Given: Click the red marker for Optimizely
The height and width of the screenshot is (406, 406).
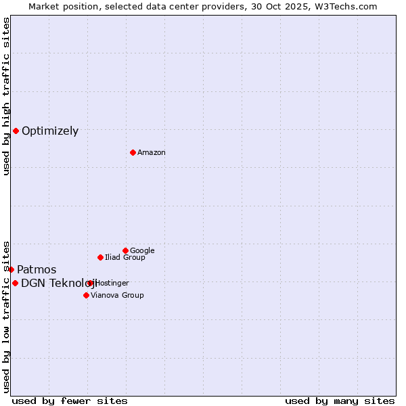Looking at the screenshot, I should click(16, 131).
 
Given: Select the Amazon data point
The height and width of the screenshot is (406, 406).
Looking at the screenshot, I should click(133, 152).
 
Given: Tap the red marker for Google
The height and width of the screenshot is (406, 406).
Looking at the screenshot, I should click(125, 250).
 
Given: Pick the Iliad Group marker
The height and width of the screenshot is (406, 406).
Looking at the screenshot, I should click(100, 257).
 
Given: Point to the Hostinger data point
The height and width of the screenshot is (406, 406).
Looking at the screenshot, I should click(90, 283).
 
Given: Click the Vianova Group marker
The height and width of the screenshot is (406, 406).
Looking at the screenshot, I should click(86, 295).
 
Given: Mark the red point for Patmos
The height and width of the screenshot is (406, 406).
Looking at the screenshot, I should click(11, 269).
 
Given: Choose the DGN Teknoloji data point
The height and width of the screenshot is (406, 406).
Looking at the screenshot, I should click(15, 283).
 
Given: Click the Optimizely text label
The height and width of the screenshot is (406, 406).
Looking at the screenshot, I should click(50, 131).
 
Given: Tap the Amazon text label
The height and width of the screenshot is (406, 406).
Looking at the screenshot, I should click(152, 153).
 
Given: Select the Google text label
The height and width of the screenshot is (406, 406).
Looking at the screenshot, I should click(142, 251).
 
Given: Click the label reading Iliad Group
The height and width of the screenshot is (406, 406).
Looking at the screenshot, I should click(125, 258).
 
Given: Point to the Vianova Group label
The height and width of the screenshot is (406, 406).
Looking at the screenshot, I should click(117, 296).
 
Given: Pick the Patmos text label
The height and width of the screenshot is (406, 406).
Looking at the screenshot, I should click(37, 270).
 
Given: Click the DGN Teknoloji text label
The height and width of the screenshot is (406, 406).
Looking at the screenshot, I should click(57, 284).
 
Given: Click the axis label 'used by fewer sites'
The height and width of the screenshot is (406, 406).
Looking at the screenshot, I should click(70, 401).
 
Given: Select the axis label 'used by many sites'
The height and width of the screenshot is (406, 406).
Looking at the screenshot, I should click(340, 401).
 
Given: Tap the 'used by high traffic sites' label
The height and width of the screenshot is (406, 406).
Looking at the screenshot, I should click(7, 96).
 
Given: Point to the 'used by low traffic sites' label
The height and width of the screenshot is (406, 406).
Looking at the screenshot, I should click(7, 316).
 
